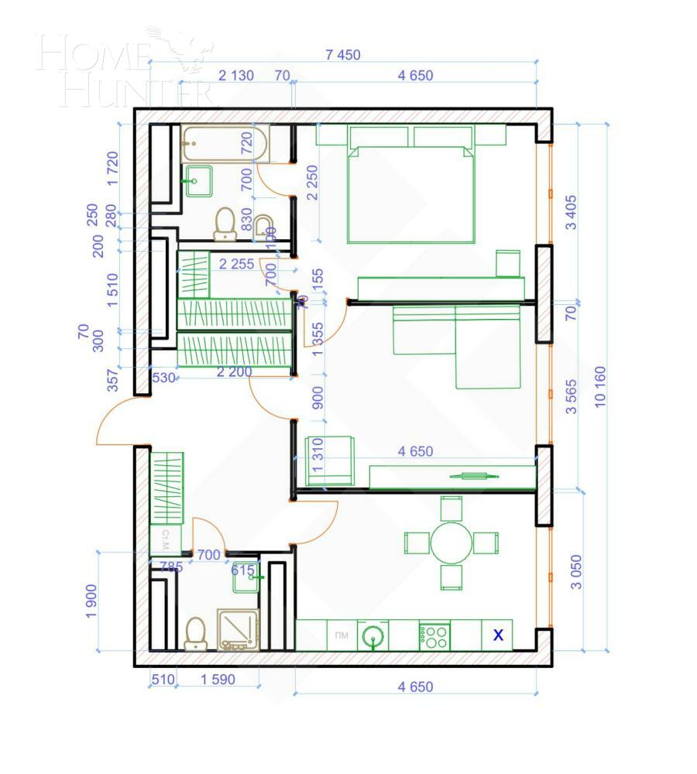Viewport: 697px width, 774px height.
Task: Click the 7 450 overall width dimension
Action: coord(343,55)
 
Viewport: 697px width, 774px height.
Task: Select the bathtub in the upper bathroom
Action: coord(225,145)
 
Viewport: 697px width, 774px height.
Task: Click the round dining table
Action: coord(452,543)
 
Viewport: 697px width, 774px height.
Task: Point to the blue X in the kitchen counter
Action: coord(499,635)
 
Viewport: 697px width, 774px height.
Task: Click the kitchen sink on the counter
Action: coord(374,636)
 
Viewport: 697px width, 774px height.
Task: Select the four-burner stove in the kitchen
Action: coord(434,636)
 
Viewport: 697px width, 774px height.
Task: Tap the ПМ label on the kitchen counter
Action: coord(341,636)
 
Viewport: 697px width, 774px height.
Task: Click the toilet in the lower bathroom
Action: coord(196,632)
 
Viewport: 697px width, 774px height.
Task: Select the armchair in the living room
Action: coord(330,461)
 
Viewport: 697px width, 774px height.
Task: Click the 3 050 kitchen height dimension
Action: coord(572,573)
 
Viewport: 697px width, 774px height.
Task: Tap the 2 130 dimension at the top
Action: coord(235,76)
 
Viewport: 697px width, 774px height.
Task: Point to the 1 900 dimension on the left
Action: coord(92,600)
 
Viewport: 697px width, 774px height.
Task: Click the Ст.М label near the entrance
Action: coord(165,536)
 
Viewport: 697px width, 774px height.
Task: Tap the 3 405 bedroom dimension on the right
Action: coord(572,213)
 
